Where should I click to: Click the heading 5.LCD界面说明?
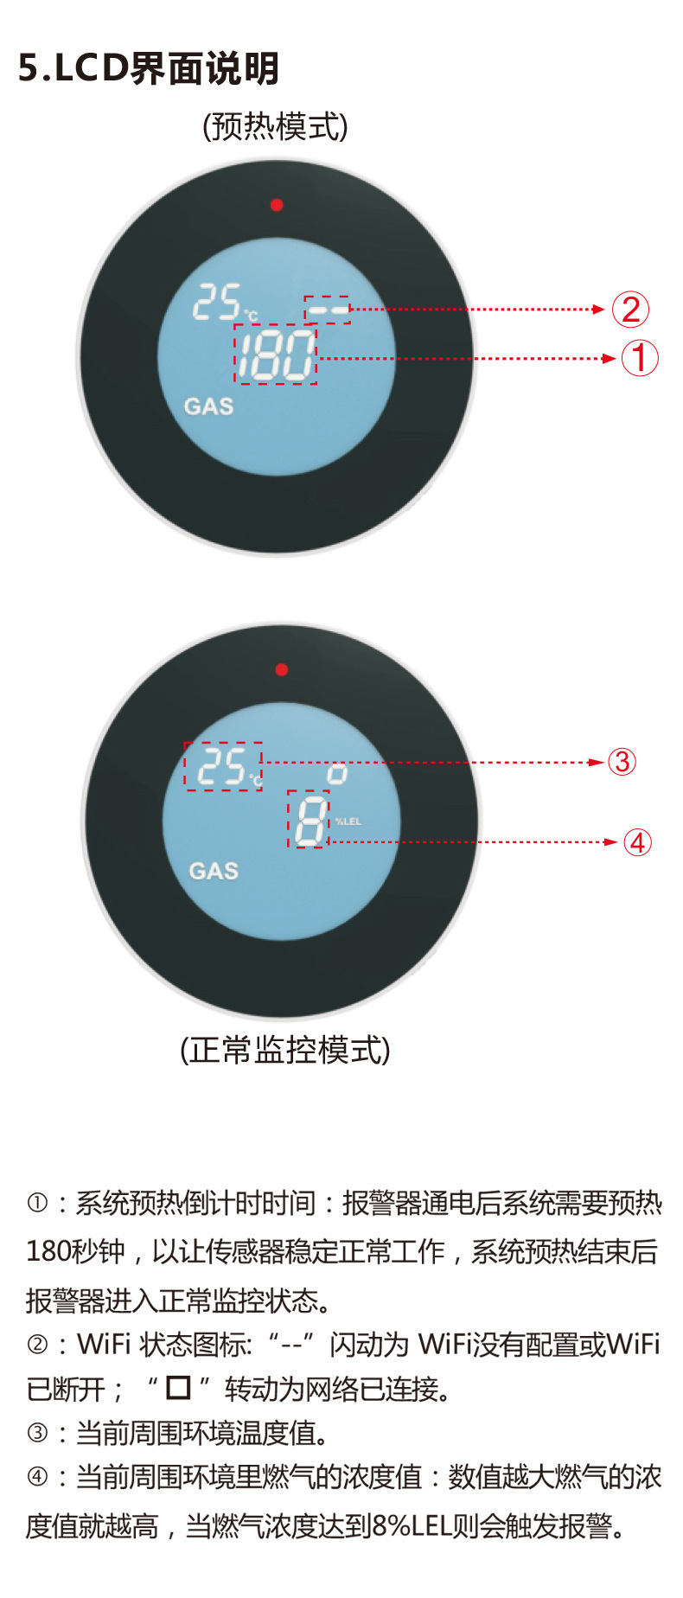(x=149, y=68)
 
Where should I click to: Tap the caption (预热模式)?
(x=275, y=126)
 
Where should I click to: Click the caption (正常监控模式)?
(x=285, y=1050)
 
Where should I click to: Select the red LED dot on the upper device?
(x=277, y=205)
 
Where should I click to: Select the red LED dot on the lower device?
(x=281, y=669)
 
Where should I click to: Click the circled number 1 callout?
(x=640, y=358)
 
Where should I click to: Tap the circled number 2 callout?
(x=630, y=310)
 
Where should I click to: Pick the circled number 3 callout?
(x=622, y=762)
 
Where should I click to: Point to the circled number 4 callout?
(x=637, y=842)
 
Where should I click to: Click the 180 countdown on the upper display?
(x=276, y=355)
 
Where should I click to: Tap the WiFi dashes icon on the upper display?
(x=328, y=309)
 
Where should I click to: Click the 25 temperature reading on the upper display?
(x=217, y=303)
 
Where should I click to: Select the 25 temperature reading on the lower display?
(x=222, y=766)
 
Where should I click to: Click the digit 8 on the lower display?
(x=310, y=819)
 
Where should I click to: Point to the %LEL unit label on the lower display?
(x=348, y=821)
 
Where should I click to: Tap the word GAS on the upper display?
(x=208, y=406)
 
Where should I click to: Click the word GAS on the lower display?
(x=214, y=870)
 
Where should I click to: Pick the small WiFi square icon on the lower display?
(x=336, y=774)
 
